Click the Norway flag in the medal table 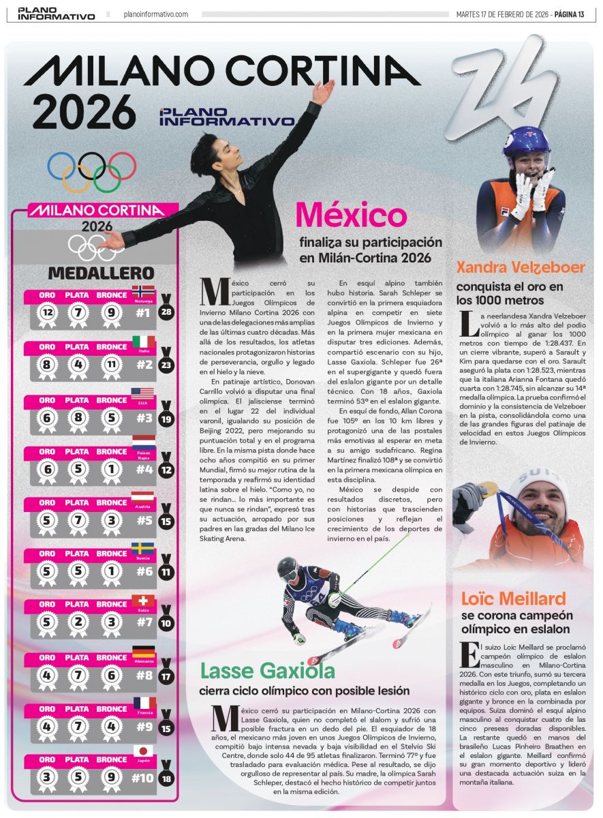pos(143,291)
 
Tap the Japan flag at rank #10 pos(143,751)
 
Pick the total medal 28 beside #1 pos(166,313)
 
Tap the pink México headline pos(351,215)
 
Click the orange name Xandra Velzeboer pos(521,267)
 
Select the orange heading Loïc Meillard pos(513,599)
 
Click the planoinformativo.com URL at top pos(156,14)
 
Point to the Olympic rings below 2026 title pos(92,170)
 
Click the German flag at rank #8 pos(143,651)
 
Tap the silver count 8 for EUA pos(79,417)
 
